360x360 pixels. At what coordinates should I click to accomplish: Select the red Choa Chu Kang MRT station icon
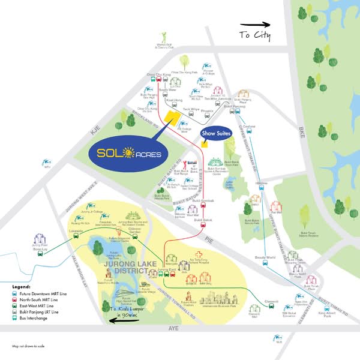point(153,79)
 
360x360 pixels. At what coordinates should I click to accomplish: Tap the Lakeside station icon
point(76,236)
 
